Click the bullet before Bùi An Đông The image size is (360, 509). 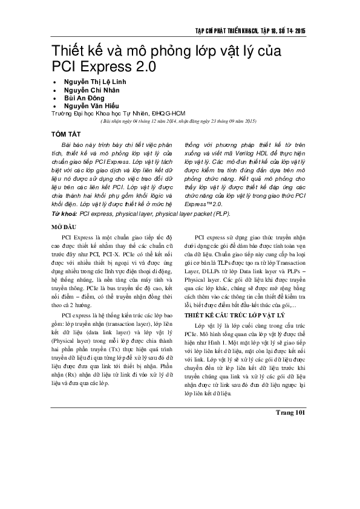[x=56, y=98]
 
